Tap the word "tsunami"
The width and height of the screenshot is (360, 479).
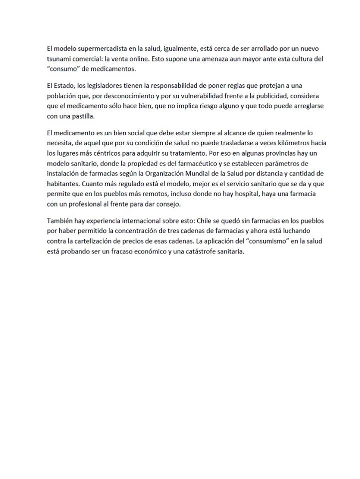point(58,59)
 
